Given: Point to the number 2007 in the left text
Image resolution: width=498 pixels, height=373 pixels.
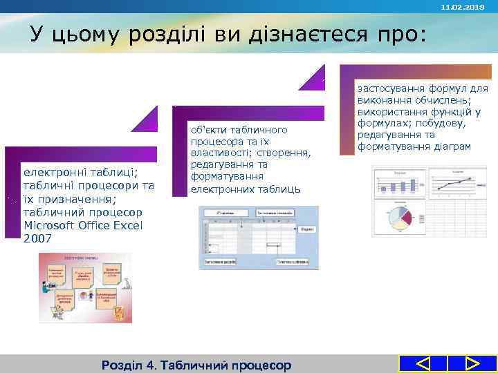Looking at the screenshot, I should (37, 238).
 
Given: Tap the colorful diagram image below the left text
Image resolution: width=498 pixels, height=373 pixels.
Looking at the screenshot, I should (84, 287).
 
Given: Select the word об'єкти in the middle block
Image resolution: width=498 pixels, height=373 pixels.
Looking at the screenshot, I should (210, 130).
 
